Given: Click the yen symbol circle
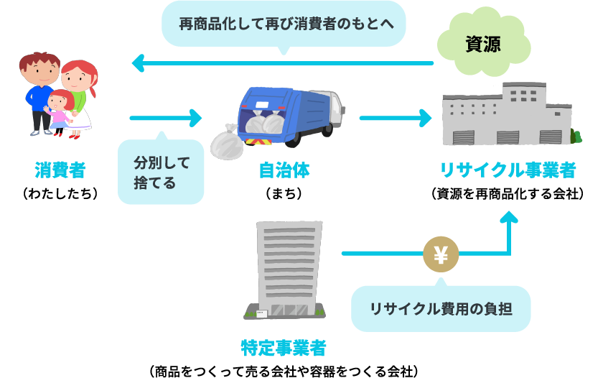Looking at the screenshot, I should click(441, 254).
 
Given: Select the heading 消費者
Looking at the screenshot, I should click(60, 170).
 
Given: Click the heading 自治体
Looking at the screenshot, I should click(284, 170).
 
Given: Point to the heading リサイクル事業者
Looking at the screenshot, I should click(508, 170).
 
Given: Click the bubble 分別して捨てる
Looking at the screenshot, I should click(162, 172).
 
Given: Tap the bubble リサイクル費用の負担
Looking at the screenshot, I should click(440, 309).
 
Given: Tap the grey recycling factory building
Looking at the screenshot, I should click(507, 114).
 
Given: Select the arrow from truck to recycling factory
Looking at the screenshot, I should click(395, 118).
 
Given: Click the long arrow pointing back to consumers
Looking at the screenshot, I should click(283, 65).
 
